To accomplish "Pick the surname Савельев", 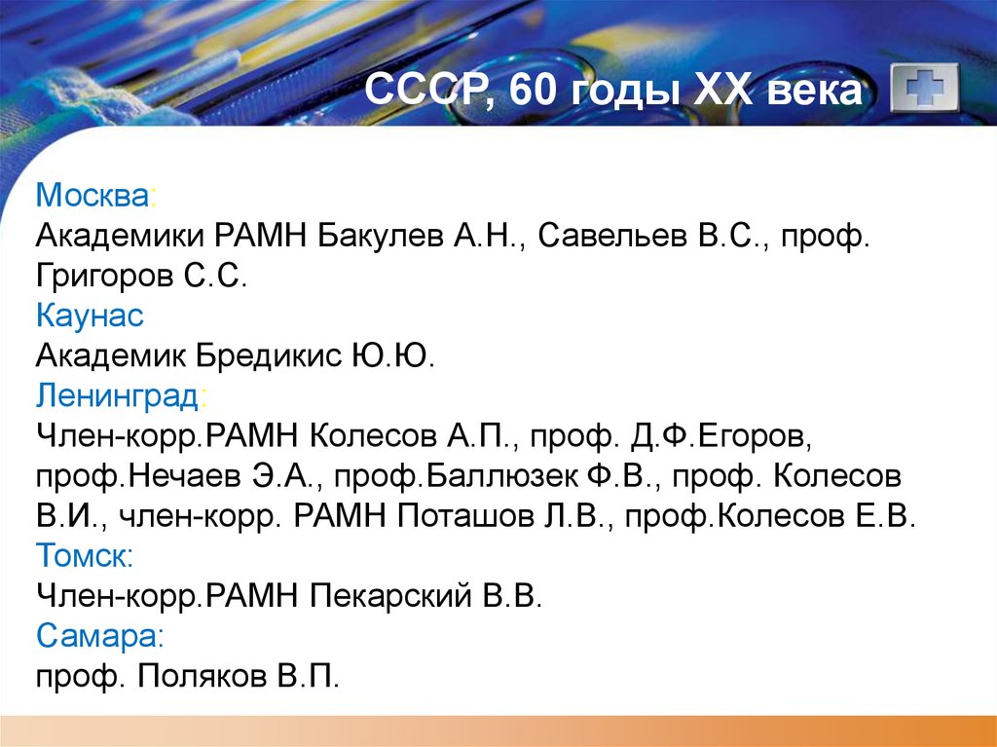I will click(x=609, y=237).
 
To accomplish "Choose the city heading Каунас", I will click(x=90, y=317).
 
